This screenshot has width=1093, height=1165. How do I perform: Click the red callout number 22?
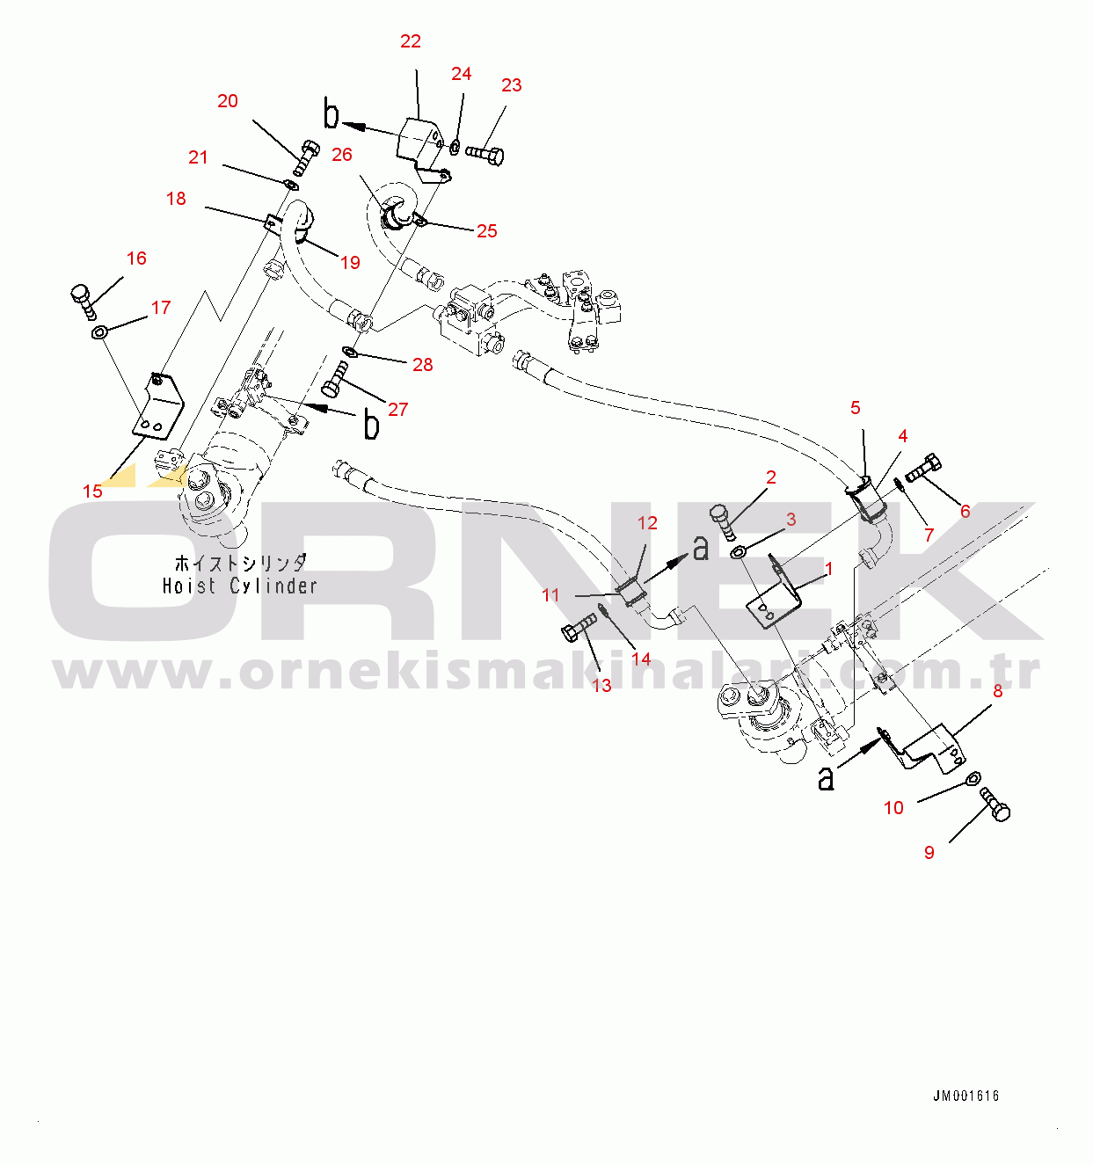pos(410,41)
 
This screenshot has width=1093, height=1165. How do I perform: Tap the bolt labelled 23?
pos(485,154)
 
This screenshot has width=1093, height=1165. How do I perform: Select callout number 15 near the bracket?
pos(92,491)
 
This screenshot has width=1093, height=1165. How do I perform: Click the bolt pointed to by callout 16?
pos(83,301)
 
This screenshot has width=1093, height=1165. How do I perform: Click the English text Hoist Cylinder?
pos(239,586)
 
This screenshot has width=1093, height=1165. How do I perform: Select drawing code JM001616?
pos(965,1096)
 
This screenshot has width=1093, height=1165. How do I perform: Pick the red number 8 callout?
pos(997,691)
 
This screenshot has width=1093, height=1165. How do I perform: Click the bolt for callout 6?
pos(924,469)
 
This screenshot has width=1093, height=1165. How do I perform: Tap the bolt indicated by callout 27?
pos(334,379)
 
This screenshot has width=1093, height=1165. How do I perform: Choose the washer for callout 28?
pos(350,352)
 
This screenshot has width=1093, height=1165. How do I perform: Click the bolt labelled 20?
pos(305,157)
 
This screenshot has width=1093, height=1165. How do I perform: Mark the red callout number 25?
pos(486,231)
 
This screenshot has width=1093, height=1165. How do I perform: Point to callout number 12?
pos(647,522)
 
